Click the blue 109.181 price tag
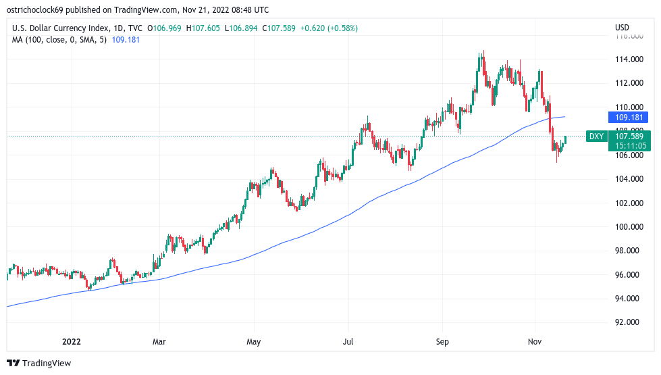point(631,117)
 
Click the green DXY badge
point(596,136)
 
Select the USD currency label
point(622,28)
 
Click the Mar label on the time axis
point(159,343)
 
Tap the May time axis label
point(253,343)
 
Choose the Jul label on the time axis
point(348,343)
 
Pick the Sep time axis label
point(442,343)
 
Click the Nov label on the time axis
point(535,343)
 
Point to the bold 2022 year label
point(70,343)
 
